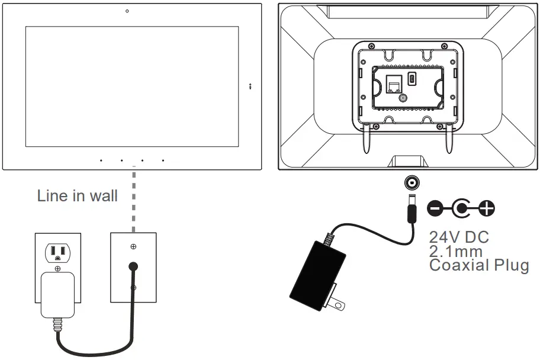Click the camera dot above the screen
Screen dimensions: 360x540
(127, 11)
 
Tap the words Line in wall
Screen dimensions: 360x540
(77, 196)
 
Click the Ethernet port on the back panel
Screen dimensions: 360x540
(392, 85)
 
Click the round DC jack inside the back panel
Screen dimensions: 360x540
(403, 99)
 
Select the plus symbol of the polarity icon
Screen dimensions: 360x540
(487, 208)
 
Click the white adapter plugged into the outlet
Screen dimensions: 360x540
(57, 294)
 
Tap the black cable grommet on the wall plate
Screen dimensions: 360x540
(134, 268)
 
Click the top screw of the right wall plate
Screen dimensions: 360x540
(134, 246)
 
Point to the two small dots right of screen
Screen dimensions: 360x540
(250, 86)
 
